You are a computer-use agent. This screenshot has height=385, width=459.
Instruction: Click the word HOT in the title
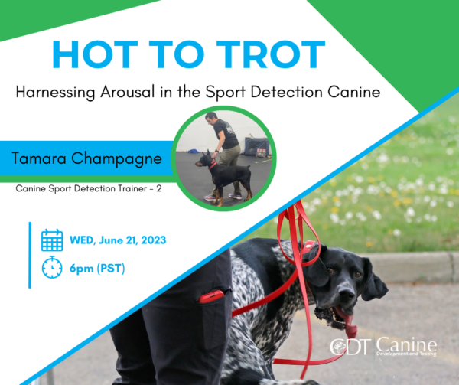click(95, 54)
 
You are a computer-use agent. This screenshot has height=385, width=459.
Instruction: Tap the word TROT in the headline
click(271, 54)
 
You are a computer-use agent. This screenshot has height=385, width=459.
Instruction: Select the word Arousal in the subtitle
click(127, 92)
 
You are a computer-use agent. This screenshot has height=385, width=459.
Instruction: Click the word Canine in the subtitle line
click(354, 92)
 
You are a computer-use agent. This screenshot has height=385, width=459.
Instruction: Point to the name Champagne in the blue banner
click(116, 159)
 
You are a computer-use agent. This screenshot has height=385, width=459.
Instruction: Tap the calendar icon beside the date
click(52, 240)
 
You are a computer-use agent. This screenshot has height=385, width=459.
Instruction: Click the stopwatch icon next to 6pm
click(52, 267)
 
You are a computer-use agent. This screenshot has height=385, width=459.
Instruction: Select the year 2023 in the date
click(154, 240)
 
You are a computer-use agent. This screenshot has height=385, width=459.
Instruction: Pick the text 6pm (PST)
click(97, 268)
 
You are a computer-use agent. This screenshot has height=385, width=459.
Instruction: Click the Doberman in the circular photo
click(224, 176)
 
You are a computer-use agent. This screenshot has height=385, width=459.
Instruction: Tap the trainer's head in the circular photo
click(211, 118)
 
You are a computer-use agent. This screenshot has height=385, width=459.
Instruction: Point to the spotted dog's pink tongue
click(347, 321)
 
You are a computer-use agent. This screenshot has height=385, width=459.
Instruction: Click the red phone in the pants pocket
click(211, 296)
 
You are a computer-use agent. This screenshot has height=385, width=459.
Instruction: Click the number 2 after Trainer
click(158, 188)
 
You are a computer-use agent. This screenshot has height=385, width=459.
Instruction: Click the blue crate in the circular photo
click(256, 146)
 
